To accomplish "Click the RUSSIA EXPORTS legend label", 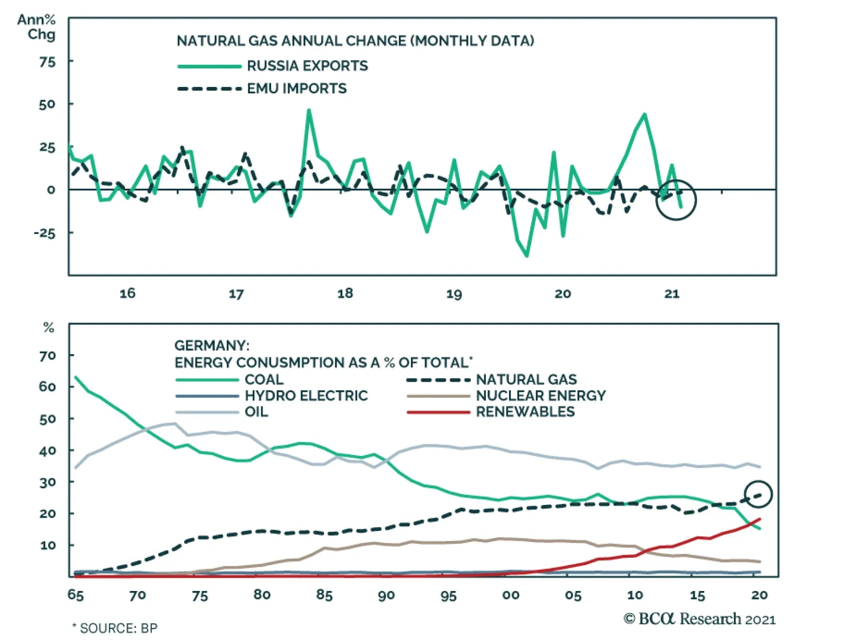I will click(307, 66).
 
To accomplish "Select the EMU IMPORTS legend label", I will click(296, 89).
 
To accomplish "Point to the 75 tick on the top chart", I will click(47, 62).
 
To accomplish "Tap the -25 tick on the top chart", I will click(44, 233).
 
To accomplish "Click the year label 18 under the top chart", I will click(345, 293).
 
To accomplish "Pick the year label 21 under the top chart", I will click(672, 293).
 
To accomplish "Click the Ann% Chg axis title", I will click(37, 27).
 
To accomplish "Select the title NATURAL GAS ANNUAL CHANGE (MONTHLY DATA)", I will click(355, 41).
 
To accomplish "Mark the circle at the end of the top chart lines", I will click(676, 200).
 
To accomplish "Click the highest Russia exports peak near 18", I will click(309, 110).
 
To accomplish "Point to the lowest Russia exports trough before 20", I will click(526, 256).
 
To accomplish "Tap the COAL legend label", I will click(264, 380).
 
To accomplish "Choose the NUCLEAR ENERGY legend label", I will click(541, 396).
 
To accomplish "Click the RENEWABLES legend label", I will click(525, 412).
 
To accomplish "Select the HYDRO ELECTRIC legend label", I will click(306, 396).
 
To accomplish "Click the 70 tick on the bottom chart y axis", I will click(47, 356).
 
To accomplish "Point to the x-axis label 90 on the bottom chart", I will click(386, 595).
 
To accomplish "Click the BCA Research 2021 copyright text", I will click(699, 619).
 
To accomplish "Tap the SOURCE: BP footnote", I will click(115, 628).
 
